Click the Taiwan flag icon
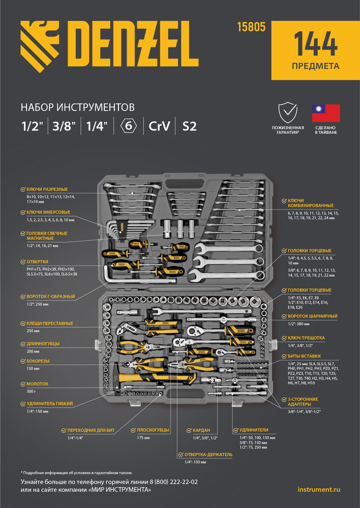325,113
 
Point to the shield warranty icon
287,112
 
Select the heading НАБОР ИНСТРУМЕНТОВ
77,107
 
